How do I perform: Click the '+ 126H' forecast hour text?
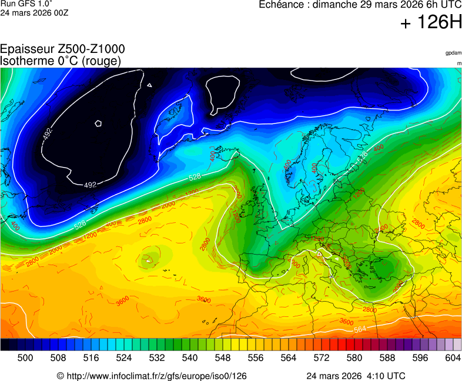coord(431,24)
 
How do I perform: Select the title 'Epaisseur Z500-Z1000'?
coord(62,50)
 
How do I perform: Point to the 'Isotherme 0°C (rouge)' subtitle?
coord(61,61)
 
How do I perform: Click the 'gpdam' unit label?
coord(453,53)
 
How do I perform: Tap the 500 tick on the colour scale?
coord(25,357)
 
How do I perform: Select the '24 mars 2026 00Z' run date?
coord(34,12)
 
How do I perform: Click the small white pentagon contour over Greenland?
coord(99,123)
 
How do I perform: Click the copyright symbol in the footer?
coord(60,376)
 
